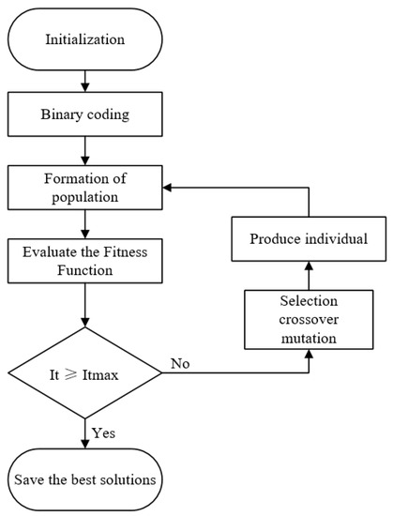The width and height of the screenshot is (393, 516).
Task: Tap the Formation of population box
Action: pyautogui.click(x=86, y=188)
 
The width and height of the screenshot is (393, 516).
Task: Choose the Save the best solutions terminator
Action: pyautogui.click(x=86, y=480)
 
